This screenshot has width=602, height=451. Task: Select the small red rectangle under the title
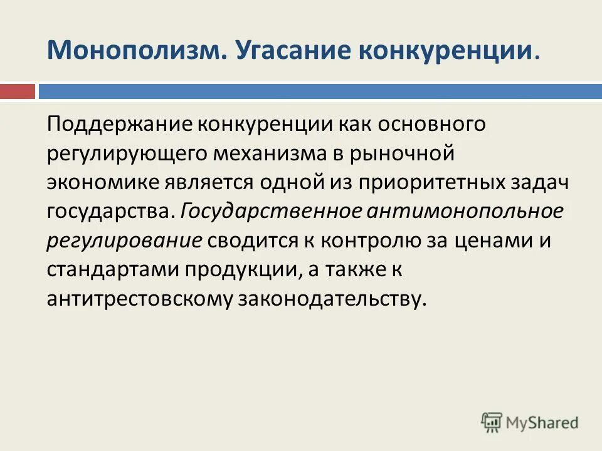(17, 91)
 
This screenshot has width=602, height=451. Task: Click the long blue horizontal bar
(320, 91)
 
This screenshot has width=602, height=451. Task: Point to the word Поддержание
(120, 123)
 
